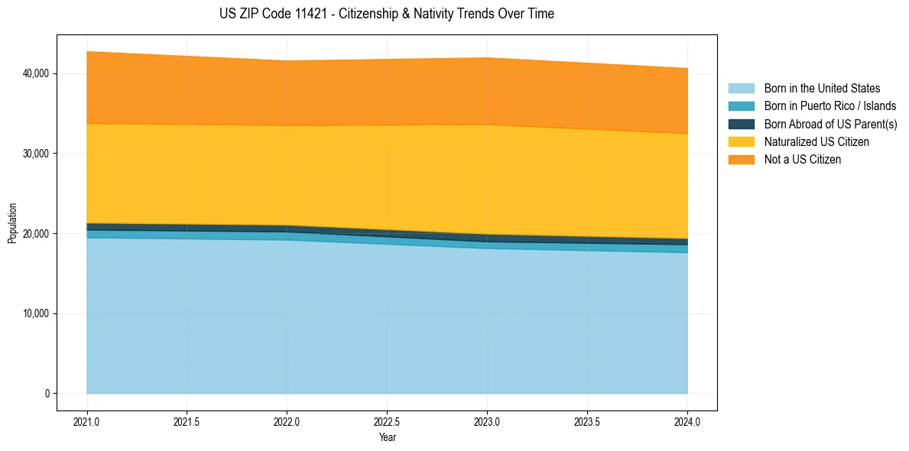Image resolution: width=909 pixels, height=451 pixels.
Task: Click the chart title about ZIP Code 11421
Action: [x=386, y=14]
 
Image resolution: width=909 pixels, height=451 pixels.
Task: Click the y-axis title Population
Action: [x=12, y=223]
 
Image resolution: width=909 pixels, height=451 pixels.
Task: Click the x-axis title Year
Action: [x=387, y=437]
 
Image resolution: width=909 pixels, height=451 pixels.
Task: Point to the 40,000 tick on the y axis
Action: [x=36, y=73]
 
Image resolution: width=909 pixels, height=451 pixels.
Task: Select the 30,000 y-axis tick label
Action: [x=36, y=154]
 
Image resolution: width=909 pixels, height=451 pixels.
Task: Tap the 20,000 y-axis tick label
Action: [x=36, y=234]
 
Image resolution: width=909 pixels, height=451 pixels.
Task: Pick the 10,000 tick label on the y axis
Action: [x=36, y=313]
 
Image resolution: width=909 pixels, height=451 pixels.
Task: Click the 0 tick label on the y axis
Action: [x=47, y=394]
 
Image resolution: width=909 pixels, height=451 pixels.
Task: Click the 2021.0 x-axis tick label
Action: [x=87, y=421]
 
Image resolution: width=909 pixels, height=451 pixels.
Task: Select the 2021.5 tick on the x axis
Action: [x=187, y=421]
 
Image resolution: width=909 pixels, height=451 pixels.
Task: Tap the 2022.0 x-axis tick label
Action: [x=287, y=421]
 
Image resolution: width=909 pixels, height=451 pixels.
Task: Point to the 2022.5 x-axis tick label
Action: [x=387, y=421]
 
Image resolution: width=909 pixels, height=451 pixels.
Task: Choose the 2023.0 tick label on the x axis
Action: [x=487, y=421]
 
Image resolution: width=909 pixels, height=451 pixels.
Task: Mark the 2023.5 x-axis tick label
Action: [x=587, y=421]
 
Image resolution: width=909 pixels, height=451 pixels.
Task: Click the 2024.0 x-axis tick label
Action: [x=687, y=421]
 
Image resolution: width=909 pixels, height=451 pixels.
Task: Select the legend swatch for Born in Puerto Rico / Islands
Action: [x=741, y=106]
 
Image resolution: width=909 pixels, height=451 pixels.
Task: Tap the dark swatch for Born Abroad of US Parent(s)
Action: [x=741, y=124]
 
